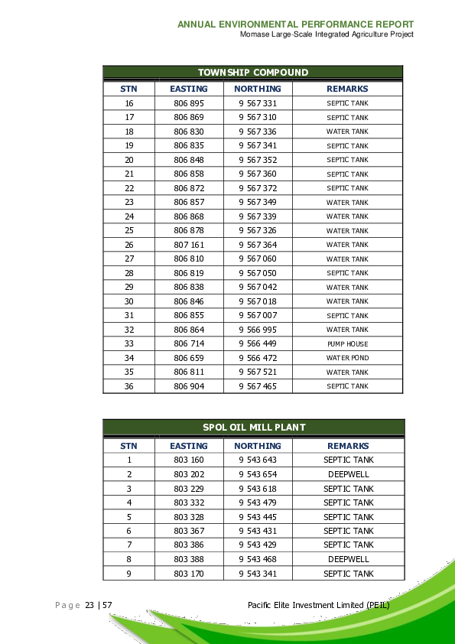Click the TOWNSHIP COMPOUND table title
pos(253,73)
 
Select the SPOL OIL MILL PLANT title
pos(253,428)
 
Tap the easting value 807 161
pos(189,245)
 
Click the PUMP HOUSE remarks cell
pos(348,344)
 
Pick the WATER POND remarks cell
pos(348,358)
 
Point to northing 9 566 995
pos(258,330)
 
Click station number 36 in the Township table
pos(129,386)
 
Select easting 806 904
pos(189,386)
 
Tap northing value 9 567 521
pos(258,372)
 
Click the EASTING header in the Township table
pos(189,89)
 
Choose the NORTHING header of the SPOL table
pos(258,446)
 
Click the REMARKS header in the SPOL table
pos(348,446)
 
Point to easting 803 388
pos(189,559)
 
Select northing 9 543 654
pos(258,474)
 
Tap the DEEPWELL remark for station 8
pos(348,559)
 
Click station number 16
pos(129,103)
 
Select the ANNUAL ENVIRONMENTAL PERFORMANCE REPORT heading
pos(296,24)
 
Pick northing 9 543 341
pos(258,574)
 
